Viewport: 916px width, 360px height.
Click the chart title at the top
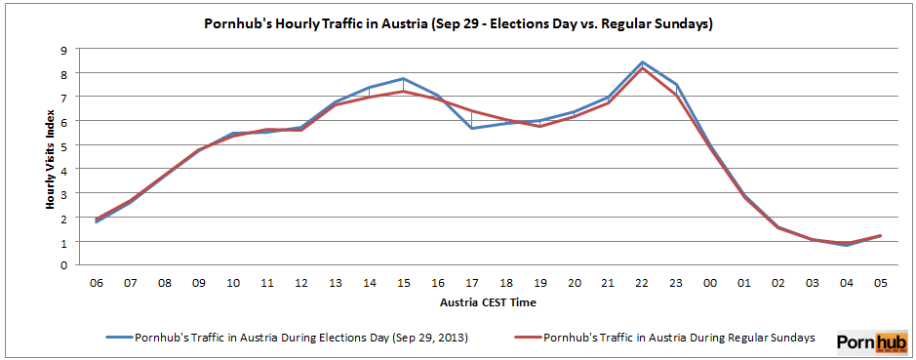(458, 23)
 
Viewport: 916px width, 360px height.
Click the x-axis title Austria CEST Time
(488, 302)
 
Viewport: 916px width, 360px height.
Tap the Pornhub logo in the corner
(871, 340)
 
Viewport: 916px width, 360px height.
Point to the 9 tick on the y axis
(63, 50)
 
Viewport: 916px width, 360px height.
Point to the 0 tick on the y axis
(63, 265)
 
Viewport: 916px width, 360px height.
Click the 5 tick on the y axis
(63, 145)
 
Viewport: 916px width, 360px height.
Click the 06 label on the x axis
(97, 283)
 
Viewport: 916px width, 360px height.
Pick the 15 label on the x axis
(403, 283)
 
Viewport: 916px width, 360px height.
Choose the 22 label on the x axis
(641, 283)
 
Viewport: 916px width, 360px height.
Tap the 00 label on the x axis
(709, 283)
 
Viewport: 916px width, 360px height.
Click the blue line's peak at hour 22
(641, 62)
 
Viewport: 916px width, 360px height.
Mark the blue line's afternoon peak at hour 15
(403, 79)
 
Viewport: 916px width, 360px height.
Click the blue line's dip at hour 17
(471, 128)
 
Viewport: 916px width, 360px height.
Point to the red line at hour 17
(471, 111)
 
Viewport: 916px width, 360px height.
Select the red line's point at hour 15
(403, 92)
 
